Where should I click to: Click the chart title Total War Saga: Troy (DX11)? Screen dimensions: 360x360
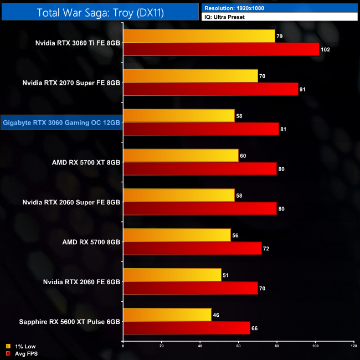point(101,12)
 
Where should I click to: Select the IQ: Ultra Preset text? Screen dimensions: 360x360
point(225,17)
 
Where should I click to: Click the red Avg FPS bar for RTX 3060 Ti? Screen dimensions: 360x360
point(222,49)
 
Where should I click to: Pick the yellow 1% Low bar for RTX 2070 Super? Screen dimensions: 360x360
point(191,76)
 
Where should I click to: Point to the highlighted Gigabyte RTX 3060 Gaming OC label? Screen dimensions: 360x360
point(61,122)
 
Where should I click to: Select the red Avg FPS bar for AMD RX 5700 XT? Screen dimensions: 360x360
point(200,169)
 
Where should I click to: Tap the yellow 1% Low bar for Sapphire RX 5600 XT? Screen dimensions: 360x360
point(167,315)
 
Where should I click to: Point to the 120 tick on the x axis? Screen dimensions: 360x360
point(353,347)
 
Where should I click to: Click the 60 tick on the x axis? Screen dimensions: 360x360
point(238,347)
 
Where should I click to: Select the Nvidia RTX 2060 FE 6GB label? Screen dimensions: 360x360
point(81,282)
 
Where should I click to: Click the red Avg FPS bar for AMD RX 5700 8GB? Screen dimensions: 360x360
point(192,249)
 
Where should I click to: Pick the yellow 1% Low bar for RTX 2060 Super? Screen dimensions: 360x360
point(179,196)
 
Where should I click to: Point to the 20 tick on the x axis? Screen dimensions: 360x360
point(162,347)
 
